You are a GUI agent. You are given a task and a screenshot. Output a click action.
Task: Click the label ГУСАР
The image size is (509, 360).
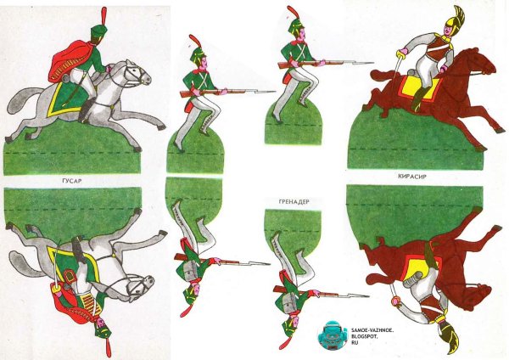pyautogui.click(x=72, y=181)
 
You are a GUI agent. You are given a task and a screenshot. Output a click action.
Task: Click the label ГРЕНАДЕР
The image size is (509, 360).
pyautogui.click(x=294, y=201)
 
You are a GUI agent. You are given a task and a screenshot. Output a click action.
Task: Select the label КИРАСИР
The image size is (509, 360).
pyautogui.click(x=412, y=177)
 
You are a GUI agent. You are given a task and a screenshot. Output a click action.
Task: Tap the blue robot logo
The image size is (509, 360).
pyautogui.click(x=332, y=335)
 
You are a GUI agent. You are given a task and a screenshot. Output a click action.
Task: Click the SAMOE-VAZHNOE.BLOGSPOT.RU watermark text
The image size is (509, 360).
pyautogui.click(x=372, y=336)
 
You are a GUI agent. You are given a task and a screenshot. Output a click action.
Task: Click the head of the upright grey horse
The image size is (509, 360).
pyautogui.click(x=139, y=76)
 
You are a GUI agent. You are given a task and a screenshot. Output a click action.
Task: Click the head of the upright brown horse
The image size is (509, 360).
pyautogui.click(x=484, y=64)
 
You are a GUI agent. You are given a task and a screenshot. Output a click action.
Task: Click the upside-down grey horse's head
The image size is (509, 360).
pyautogui.click(x=141, y=285)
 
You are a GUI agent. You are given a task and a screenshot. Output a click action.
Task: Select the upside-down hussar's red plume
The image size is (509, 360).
pyautogui.click(x=108, y=347)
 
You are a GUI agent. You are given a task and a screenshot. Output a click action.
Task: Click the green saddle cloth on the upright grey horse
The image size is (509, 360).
pyautogui.click(x=65, y=98)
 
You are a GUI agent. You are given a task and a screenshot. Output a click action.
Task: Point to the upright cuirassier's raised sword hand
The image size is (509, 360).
pyautogui.click(x=403, y=53)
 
